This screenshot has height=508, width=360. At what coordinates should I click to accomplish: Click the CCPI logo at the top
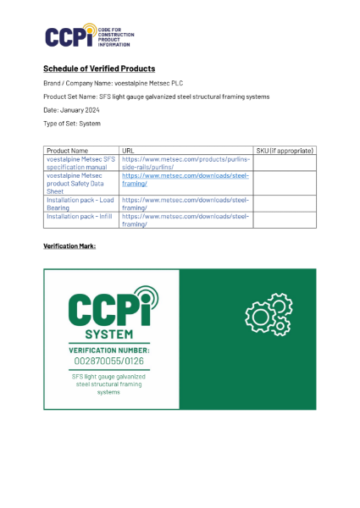click(88, 36)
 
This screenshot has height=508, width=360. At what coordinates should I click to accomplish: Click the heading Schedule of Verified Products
click(99, 69)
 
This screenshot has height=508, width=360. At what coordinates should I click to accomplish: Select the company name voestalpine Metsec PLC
click(148, 83)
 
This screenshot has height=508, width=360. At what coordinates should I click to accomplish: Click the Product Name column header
click(67, 150)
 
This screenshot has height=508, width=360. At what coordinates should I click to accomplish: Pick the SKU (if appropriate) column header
click(285, 150)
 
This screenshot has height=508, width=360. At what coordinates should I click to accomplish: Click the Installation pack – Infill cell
click(80, 216)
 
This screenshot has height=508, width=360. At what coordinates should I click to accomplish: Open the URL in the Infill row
click(186, 220)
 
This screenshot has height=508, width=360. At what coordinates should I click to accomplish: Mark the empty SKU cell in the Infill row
click(285, 220)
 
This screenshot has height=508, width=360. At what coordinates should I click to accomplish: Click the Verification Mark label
click(69, 246)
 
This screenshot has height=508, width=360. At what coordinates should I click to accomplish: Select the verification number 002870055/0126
click(111, 362)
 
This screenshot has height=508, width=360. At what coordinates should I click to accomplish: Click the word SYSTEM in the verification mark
click(110, 334)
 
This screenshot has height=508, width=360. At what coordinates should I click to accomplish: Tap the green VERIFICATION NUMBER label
click(111, 350)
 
